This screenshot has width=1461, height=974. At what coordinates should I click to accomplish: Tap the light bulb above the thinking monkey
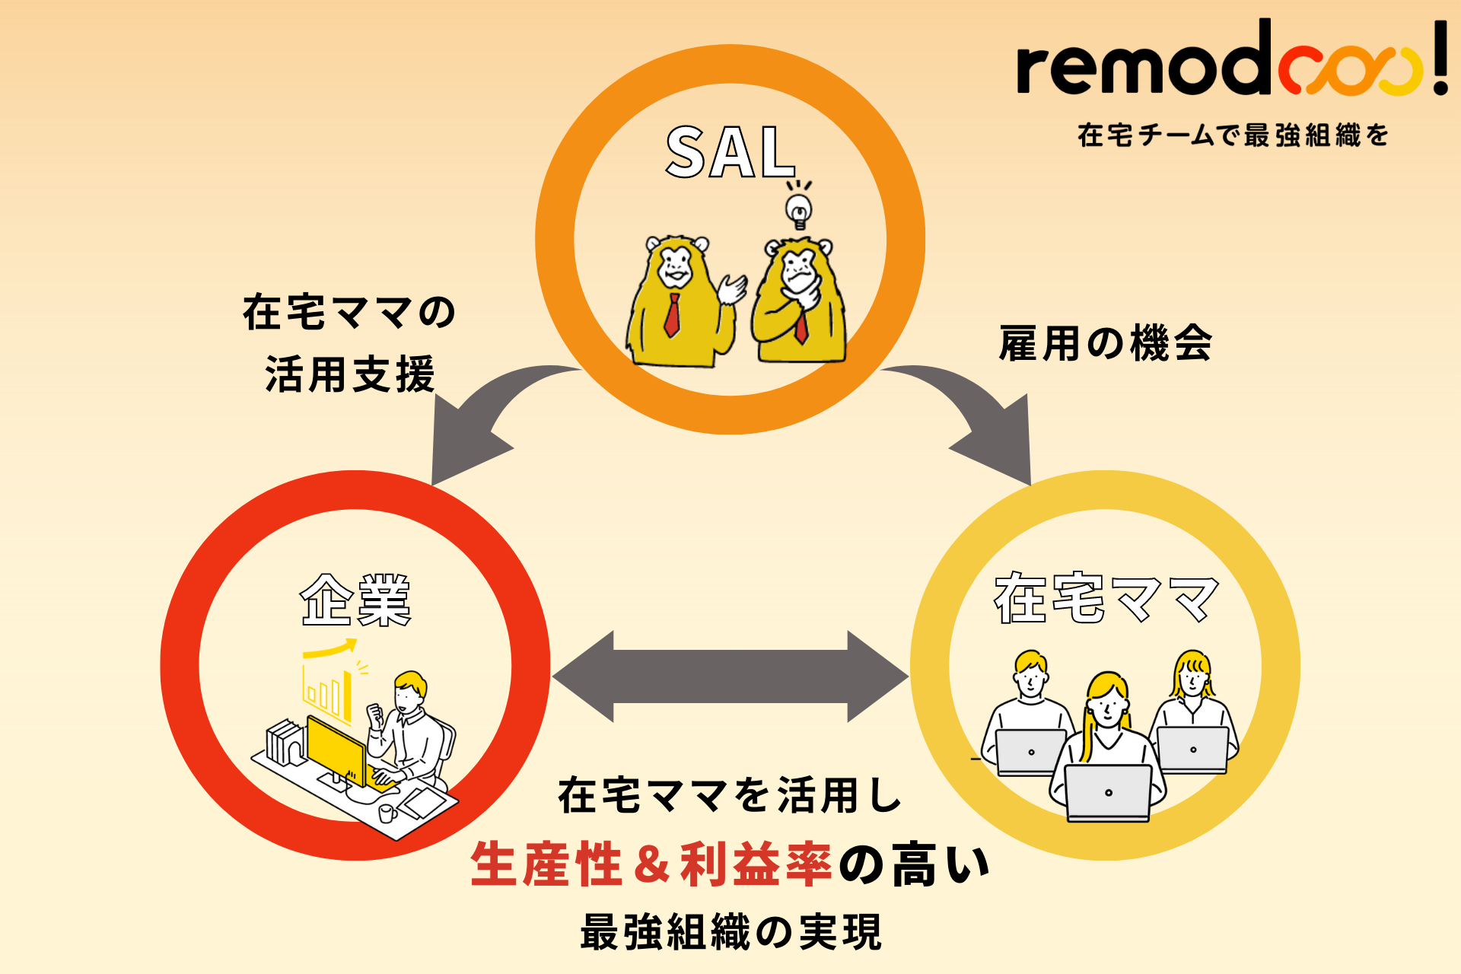798,209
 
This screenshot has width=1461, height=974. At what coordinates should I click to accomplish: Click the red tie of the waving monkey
673,314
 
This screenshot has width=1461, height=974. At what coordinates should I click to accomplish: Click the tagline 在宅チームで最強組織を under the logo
1233,136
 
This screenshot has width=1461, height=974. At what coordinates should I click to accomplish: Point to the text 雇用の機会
1105,343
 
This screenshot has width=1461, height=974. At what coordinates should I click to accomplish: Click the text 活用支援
349,374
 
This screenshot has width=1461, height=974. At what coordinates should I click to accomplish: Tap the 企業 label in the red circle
355,601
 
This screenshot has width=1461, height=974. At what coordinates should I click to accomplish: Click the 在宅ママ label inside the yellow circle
1106,599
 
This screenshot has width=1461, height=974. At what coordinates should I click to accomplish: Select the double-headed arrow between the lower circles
730,676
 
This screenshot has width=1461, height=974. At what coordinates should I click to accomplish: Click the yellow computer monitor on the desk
335,750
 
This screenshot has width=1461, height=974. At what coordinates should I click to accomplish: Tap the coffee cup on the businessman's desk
387,813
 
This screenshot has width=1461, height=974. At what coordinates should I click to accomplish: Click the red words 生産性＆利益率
651,865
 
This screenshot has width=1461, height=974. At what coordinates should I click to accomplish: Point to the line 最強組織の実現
730,932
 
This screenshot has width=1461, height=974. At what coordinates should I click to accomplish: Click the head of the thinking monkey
797,263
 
